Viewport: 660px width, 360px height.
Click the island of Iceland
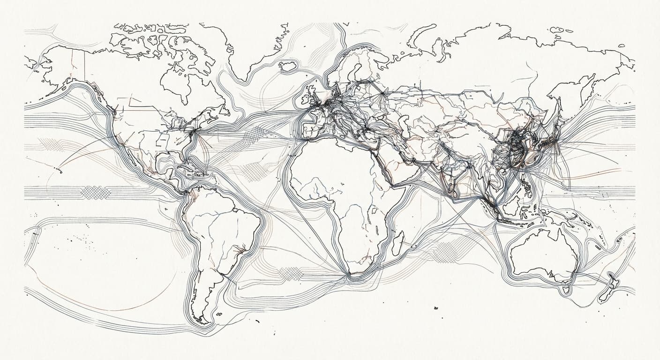click(288, 66)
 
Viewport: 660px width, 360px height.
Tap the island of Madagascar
click(397, 243)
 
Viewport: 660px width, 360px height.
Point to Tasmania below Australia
click(566, 290)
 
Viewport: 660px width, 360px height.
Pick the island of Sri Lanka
click(452, 190)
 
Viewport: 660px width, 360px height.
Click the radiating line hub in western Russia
click(383, 93)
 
